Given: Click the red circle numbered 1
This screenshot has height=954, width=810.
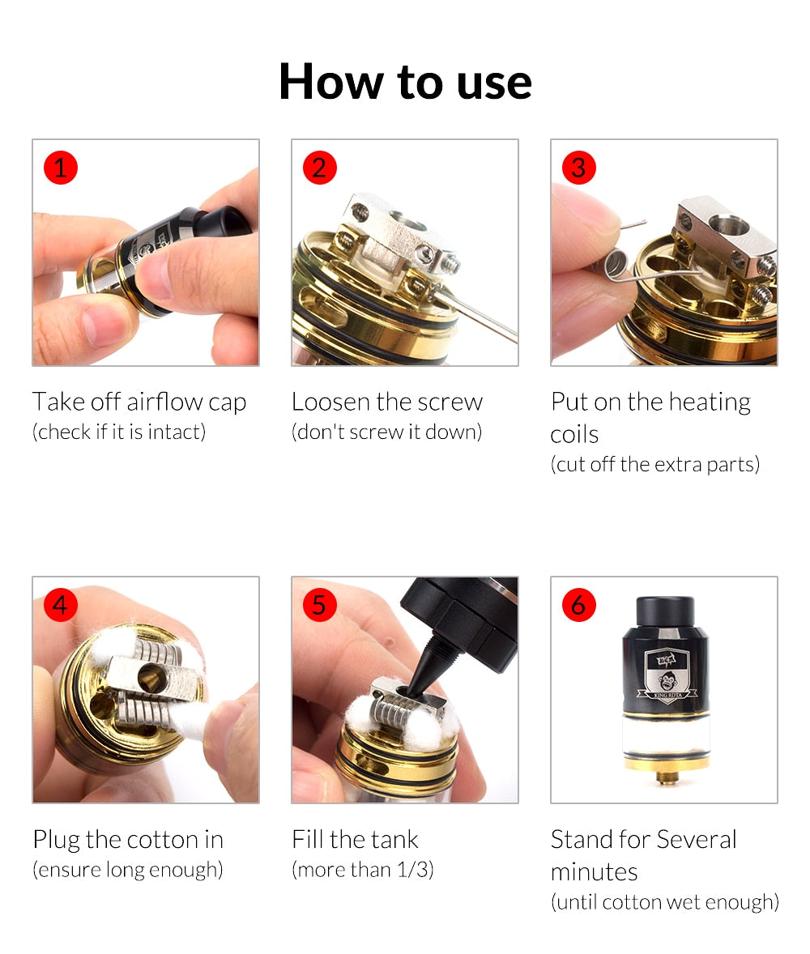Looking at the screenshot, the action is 60,168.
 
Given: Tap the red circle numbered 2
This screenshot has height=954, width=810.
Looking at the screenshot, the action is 319,168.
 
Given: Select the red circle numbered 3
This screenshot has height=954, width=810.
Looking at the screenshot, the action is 579,168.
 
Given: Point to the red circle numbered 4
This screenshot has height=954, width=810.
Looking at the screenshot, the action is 60,605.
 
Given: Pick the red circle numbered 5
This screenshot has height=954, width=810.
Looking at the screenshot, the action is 319,605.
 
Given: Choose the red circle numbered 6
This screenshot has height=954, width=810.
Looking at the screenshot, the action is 579,605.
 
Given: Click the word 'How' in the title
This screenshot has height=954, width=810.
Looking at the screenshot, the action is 331,82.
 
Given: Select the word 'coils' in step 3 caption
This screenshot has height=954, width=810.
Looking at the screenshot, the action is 574,434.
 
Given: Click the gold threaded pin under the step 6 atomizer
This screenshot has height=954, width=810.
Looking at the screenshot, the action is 667,777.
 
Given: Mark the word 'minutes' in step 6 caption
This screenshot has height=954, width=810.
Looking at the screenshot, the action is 594,872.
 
